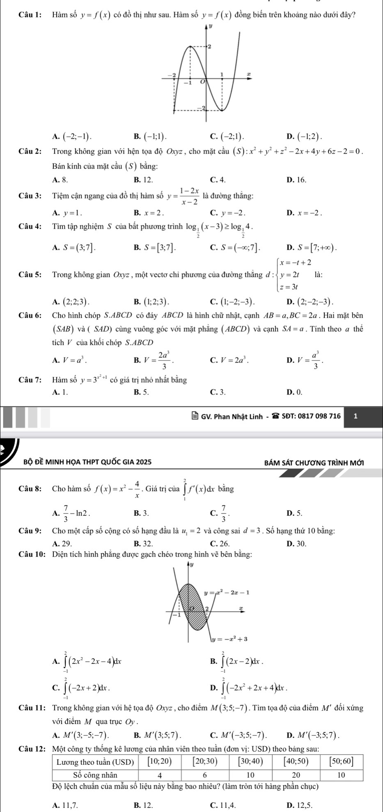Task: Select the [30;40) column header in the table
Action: [250, 762]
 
